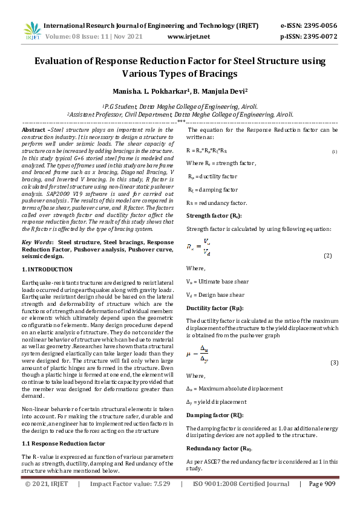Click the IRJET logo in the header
click(32, 31)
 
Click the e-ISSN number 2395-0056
click(319, 26)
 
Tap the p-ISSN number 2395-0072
click(319, 36)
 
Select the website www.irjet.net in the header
click(188, 36)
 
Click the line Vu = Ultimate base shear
click(215, 282)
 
